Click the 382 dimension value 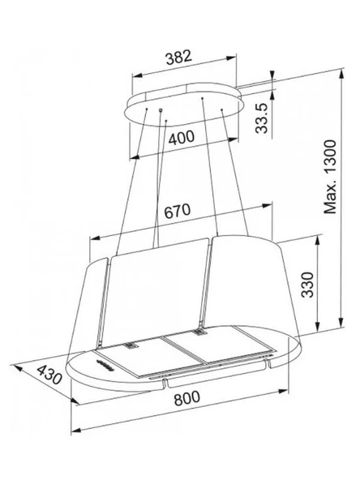[178, 58]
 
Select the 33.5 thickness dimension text [261, 118]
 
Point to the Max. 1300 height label [330, 177]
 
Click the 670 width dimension [178, 211]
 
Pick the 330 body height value [307, 285]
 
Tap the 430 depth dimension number [49, 375]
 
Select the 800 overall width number [186, 398]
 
